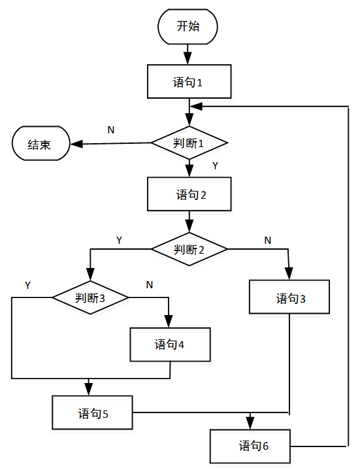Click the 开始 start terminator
coord(188,27)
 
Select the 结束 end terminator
coord(41,143)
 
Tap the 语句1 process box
coord(189,82)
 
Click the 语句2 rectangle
coord(189,194)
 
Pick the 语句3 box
coord(289,297)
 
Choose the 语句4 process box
coord(170,344)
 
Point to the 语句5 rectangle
coord(92,412)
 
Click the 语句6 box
coord(250,446)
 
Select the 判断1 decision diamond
coord(189,143)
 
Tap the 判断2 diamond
coord(189,249)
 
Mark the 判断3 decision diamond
coord(90,297)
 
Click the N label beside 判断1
coord(111,130)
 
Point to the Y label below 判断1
coord(215,166)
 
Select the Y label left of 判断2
coord(119,240)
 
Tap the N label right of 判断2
coord(268,240)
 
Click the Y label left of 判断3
coord(27,285)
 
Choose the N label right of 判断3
coord(150,285)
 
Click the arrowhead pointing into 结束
coord(76,144)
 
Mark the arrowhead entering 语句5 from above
coord(89,389)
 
